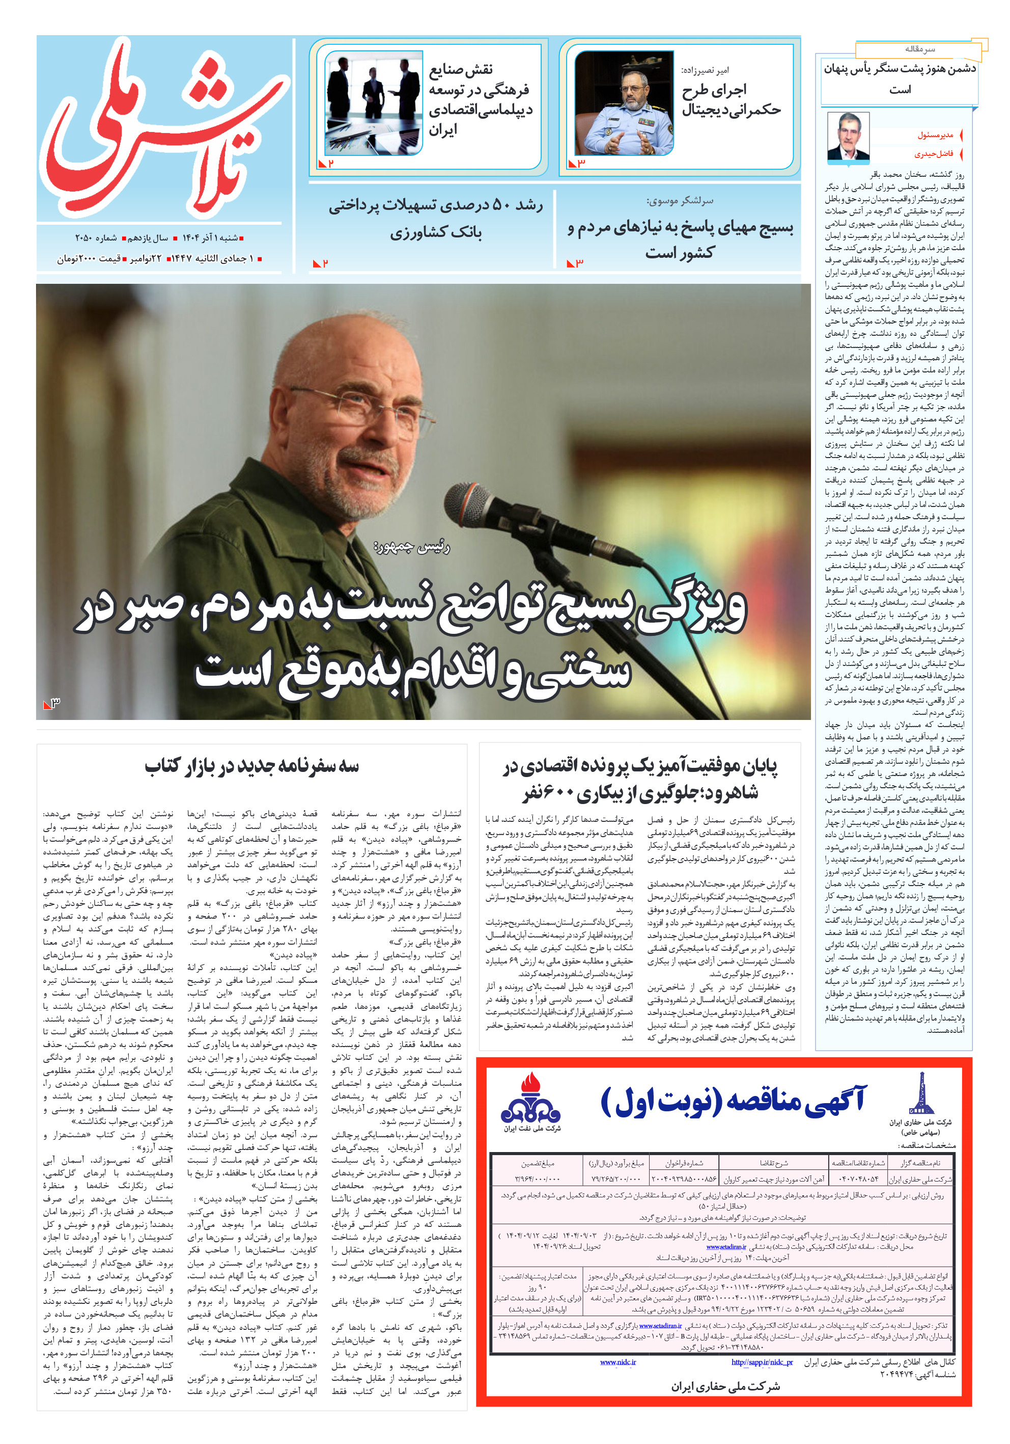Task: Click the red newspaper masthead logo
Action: coord(160,132)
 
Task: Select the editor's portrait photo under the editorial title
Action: coord(848,137)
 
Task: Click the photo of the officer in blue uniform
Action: coord(624,103)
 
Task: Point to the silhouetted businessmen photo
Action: coord(373,103)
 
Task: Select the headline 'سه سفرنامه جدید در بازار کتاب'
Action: coord(252,766)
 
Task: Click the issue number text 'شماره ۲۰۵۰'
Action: coord(96,238)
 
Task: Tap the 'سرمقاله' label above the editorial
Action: coord(919,49)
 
